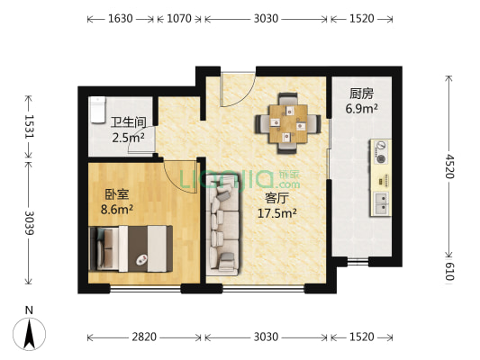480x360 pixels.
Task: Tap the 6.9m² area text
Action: (x=362, y=109)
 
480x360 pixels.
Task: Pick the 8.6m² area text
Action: (x=116, y=209)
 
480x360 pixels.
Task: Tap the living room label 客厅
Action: (x=276, y=198)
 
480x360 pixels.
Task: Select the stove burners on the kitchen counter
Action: (x=382, y=152)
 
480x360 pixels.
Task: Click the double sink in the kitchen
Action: (x=382, y=202)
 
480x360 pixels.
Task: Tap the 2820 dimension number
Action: (x=144, y=337)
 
